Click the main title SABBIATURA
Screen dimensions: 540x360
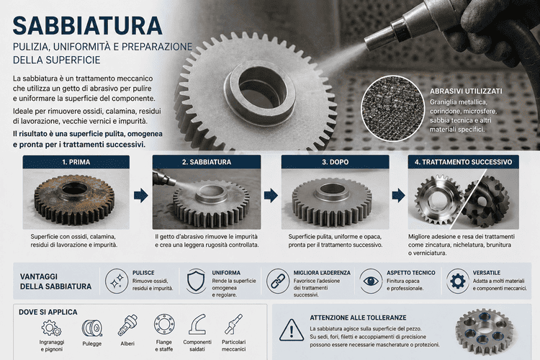point(87,26)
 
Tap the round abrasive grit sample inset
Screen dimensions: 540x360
point(392,109)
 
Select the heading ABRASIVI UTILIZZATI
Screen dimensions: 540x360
point(466,91)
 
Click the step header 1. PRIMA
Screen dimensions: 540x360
point(76,162)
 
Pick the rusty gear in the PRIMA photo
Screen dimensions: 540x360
point(74,199)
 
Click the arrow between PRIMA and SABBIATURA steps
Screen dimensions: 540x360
point(141,195)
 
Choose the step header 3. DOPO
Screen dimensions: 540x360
point(335,162)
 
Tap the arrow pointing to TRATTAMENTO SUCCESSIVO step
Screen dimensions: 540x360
point(398,195)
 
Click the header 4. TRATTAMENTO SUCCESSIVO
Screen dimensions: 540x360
point(463,162)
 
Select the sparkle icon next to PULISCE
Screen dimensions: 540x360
point(117,281)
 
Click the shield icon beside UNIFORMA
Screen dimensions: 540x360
point(196,281)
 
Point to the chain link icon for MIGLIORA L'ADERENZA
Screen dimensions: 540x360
point(278,281)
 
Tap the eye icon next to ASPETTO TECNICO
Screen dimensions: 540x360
point(371,281)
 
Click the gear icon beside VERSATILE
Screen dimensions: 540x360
point(458,281)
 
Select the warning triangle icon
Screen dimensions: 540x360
point(292,330)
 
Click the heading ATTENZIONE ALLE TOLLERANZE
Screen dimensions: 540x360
point(358,318)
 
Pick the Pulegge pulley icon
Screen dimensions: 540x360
point(92,328)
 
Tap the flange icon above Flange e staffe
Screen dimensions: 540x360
point(164,325)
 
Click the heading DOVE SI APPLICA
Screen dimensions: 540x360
point(48,312)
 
